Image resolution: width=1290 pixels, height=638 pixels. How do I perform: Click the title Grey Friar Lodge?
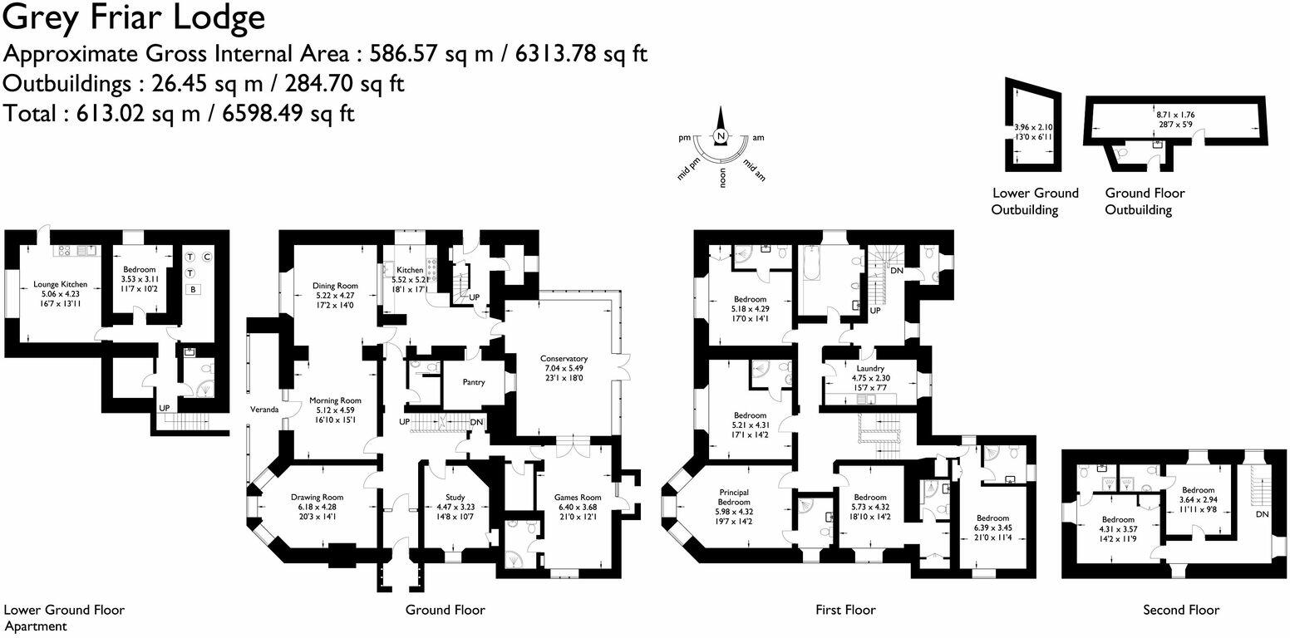pyautogui.click(x=135, y=17)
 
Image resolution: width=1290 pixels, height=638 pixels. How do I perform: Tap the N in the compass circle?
pyautogui.click(x=721, y=137)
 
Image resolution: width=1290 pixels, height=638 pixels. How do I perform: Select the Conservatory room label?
pyautogui.click(x=565, y=359)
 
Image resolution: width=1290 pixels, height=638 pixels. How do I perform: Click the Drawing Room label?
pyautogui.click(x=313, y=497)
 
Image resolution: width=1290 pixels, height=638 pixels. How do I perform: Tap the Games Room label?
pyautogui.click(x=577, y=498)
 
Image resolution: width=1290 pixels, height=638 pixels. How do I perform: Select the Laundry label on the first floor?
pyautogui.click(x=869, y=368)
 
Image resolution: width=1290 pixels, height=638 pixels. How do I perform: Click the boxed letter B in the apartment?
pyautogui.click(x=193, y=290)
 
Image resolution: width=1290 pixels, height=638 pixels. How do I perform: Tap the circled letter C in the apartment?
pyautogui.click(x=207, y=257)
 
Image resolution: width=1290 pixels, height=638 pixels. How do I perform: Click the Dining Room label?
pyautogui.click(x=334, y=285)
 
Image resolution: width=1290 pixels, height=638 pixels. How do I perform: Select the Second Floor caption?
pyautogui.click(x=1181, y=610)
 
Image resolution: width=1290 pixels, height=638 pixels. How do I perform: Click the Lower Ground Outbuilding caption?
pyautogui.click(x=1035, y=201)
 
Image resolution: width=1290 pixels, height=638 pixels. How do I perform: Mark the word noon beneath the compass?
pyautogui.click(x=722, y=179)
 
